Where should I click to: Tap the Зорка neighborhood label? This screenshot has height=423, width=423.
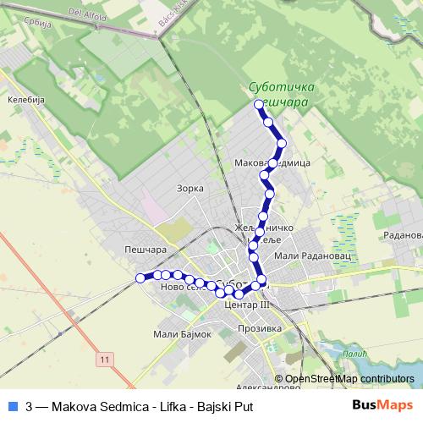pos(191,188)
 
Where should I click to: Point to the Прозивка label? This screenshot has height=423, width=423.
pos(258,329)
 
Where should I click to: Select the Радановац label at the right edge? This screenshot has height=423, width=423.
pos(402,235)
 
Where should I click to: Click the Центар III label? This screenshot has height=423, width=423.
pos(249,305)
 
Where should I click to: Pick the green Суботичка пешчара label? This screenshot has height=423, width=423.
pos(283,93)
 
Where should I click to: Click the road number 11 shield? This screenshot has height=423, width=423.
pos(104,360)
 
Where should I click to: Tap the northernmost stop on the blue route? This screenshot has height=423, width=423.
pos(259,104)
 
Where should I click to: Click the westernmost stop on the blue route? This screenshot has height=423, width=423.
pos(140,277)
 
